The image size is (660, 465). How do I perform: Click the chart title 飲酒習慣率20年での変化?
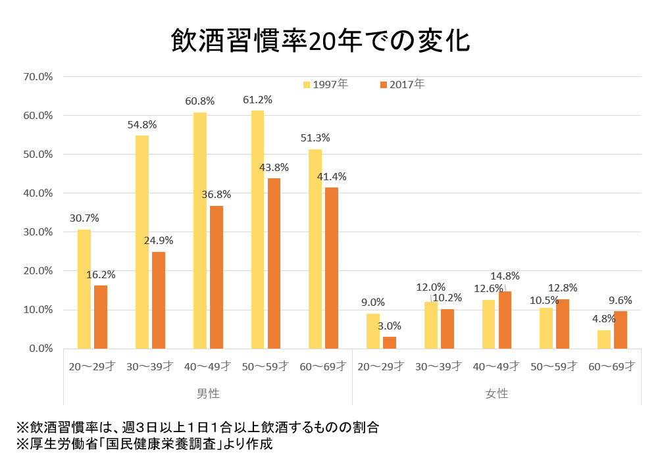click(x=320, y=41)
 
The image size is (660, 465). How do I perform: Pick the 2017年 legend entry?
click(x=402, y=84)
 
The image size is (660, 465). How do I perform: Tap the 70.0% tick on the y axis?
click(x=38, y=76)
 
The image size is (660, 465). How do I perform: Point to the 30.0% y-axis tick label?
click(x=38, y=232)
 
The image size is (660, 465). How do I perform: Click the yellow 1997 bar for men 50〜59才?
click(x=257, y=230)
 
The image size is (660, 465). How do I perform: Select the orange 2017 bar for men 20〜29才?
click(x=101, y=317)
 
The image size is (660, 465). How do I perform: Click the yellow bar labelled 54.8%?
click(x=141, y=242)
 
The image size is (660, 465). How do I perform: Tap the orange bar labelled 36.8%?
click(x=216, y=277)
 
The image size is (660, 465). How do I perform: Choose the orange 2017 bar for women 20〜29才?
click(x=390, y=343)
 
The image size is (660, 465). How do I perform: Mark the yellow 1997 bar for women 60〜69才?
click(x=604, y=339)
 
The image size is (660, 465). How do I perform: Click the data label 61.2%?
click(x=257, y=100)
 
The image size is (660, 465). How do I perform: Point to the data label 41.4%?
click(x=331, y=176)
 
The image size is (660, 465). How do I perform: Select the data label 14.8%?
click(x=506, y=276)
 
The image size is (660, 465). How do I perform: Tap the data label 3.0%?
click(x=389, y=326)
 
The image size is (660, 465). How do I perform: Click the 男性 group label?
click(x=208, y=393)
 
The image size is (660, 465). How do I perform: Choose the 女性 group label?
click(x=497, y=393)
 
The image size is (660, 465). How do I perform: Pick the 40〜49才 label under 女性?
click(x=497, y=366)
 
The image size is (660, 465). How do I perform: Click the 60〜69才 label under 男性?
click(x=323, y=366)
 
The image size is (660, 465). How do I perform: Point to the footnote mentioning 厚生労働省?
click(x=145, y=444)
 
